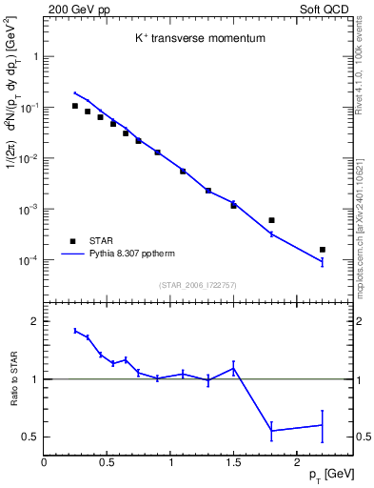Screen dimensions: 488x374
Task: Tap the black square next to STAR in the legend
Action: click(x=72, y=241)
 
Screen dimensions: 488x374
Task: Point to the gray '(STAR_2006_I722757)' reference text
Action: click(x=197, y=284)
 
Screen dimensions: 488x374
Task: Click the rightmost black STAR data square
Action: click(x=322, y=250)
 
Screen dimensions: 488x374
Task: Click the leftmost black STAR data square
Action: click(x=75, y=106)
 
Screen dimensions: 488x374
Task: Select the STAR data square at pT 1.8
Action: click(x=271, y=220)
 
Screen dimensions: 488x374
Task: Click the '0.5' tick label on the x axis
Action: click(x=107, y=463)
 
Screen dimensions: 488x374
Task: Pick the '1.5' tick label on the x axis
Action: click(x=233, y=463)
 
